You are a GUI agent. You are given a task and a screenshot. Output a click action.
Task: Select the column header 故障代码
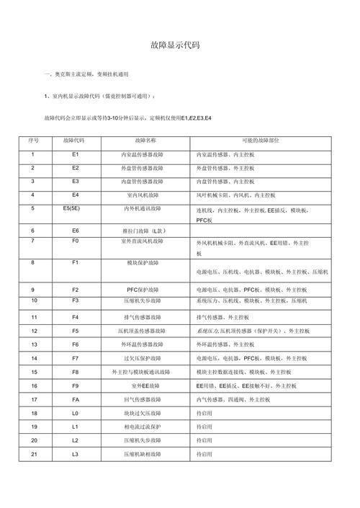(75, 140)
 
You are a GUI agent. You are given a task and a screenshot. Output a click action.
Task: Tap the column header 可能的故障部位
(261, 140)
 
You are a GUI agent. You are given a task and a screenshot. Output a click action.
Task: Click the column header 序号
(33, 140)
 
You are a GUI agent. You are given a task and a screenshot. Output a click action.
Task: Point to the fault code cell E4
(75, 195)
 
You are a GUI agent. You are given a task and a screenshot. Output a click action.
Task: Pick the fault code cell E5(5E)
(75, 208)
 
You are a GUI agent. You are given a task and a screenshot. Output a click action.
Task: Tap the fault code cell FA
(75, 398)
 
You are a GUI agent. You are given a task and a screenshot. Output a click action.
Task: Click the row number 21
(33, 454)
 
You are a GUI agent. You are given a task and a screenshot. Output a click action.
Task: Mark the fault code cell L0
(75, 413)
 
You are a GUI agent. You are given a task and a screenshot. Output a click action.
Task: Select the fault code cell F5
(75, 330)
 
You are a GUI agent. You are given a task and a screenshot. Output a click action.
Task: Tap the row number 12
(33, 330)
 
